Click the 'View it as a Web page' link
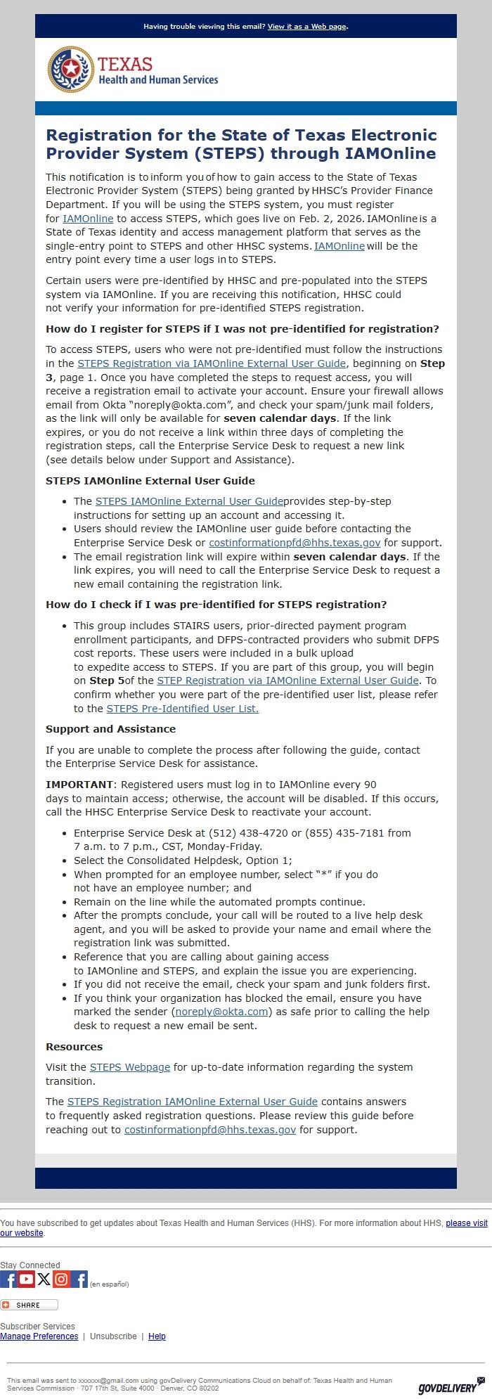306,27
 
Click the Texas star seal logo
70,70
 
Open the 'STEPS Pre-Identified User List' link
182,709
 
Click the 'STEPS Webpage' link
130,1067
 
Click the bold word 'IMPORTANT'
79,785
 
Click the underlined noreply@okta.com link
221,1012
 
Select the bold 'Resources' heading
74,1047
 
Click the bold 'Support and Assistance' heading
110,729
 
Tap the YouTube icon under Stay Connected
27,1279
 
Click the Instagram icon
62,1279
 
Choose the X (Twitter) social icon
44,1279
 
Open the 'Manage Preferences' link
39,1336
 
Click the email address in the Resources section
209,1130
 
